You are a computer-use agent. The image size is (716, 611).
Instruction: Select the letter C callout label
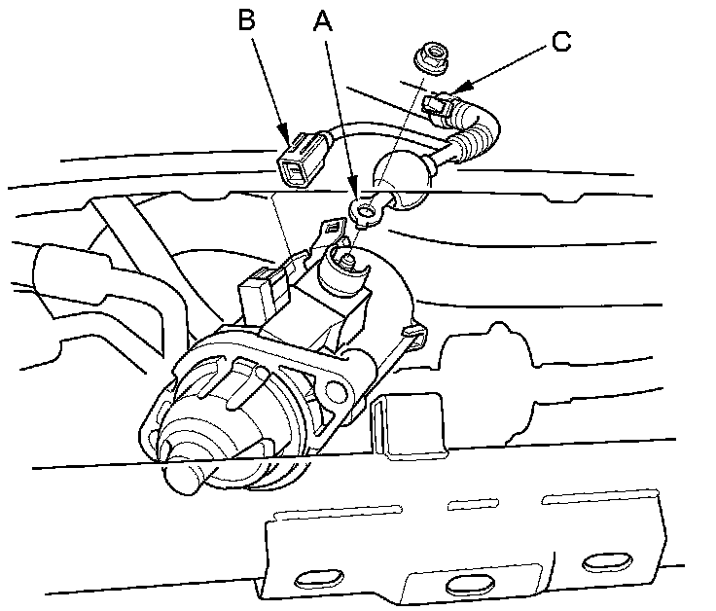[x=560, y=41]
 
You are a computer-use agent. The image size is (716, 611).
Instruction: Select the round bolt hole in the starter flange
[x=338, y=392]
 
